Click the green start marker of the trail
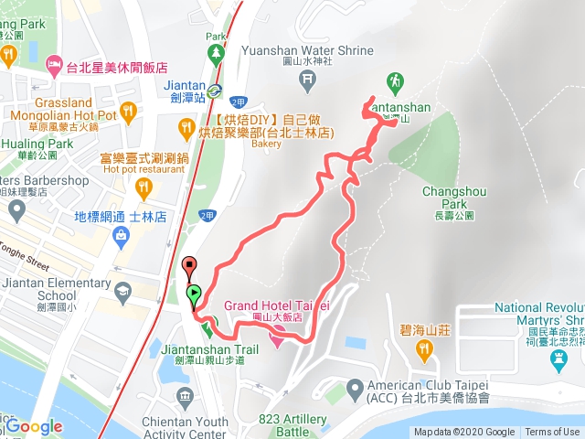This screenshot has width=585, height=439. click(194, 294)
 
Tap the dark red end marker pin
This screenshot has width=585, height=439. click(189, 267)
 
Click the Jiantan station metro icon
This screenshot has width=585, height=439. click(213, 90)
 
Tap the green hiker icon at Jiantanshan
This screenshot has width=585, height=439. click(395, 81)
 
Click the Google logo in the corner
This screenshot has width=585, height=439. click(34, 426)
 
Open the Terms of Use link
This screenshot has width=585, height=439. click(551, 432)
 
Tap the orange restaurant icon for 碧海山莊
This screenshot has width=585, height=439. click(423, 348)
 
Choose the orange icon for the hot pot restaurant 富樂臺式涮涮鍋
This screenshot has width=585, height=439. click(143, 188)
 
